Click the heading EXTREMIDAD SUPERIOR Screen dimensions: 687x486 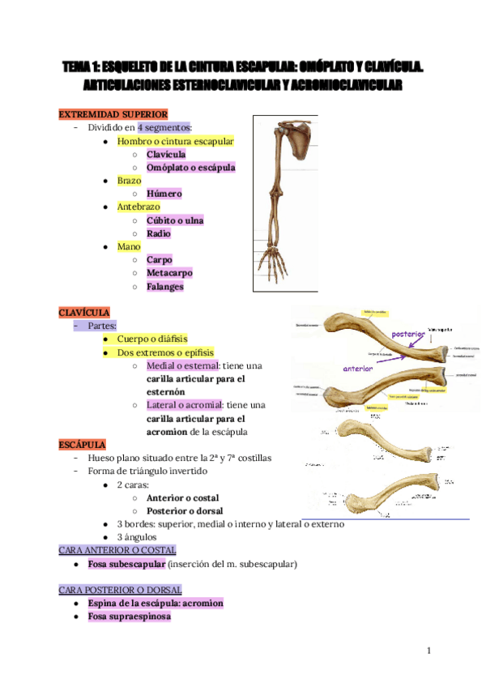pyautogui.click(x=113, y=114)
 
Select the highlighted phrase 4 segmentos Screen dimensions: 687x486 pyautogui.click(x=164, y=127)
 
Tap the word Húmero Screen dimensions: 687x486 pyautogui.click(x=164, y=194)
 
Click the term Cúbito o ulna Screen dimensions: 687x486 pyautogui.click(x=175, y=220)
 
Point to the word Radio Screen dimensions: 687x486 pyautogui.click(x=159, y=233)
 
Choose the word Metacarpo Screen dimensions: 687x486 pyautogui.click(x=169, y=273)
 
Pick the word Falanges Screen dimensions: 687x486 pyautogui.click(x=165, y=286)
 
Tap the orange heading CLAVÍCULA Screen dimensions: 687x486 pyautogui.click(x=84, y=313)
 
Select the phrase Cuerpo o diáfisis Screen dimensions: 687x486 pyautogui.click(x=152, y=339)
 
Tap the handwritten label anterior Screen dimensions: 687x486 pyautogui.click(x=358, y=368)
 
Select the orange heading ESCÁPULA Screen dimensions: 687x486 pyautogui.click(x=83, y=445)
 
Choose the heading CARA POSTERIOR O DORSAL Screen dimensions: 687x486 pyautogui.click(x=121, y=590)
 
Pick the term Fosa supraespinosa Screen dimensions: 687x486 pyautogui.click(x=130, y=617)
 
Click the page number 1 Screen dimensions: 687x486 pyautogui.click(x=429, y=651)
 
